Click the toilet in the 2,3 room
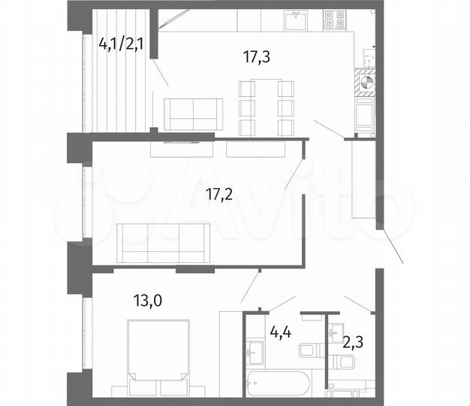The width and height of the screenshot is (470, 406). point(346,363)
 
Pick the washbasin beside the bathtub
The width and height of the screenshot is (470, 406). point(253,350)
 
